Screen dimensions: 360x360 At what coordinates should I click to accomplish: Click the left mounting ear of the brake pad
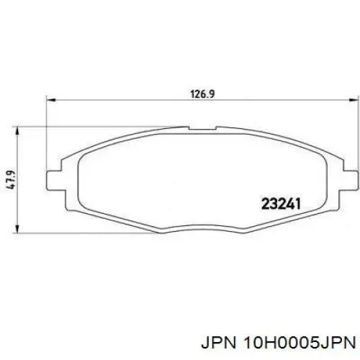pos(53,179)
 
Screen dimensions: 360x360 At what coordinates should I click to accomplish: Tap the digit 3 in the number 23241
pos(273,202)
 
